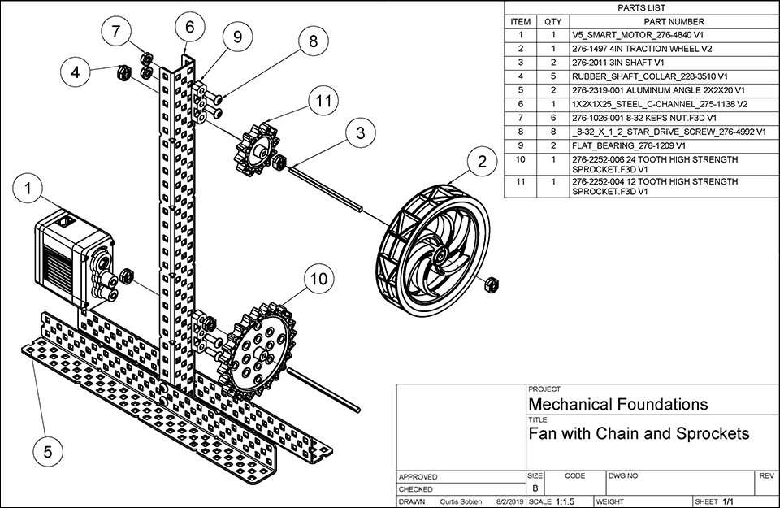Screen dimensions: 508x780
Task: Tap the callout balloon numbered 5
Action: tap(48, 449)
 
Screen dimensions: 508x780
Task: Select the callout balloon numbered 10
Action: tap(318, 279)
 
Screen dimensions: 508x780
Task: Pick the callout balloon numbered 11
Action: tap(324, 102)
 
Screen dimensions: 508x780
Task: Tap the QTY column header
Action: tap(552, 21)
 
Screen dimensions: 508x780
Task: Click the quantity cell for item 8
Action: tap(552, 132)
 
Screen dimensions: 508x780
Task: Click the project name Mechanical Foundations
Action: tap(618, 404)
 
